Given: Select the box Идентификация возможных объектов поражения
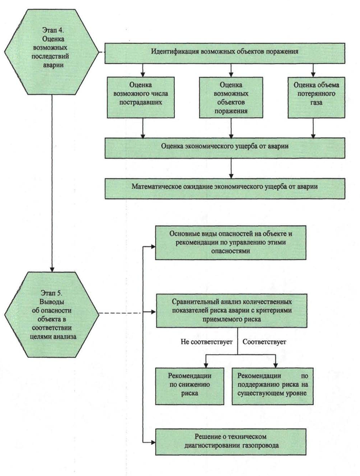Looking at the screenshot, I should (224, 52).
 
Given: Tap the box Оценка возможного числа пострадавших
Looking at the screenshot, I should (142, 94).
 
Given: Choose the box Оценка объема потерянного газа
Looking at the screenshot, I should (315, 94).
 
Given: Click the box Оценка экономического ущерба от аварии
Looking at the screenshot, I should (224, 147).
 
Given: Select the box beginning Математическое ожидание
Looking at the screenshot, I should (224, 188).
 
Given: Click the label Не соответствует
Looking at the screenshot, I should (206, 342).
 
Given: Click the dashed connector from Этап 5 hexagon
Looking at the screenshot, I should (126, 314).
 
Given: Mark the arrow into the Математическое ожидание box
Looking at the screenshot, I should (231, 171).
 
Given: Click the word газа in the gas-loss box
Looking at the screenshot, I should (315, 104).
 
